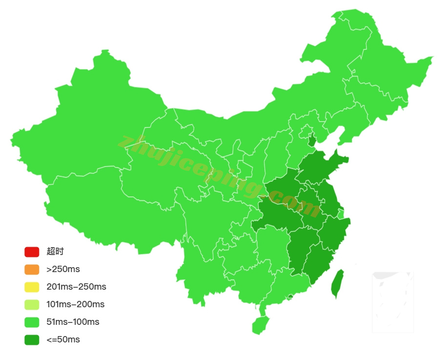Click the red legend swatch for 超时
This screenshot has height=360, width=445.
[32, 252]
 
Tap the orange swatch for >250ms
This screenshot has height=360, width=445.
[32, 270]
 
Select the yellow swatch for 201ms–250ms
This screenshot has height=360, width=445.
[32, 287]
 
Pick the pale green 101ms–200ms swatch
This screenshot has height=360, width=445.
[32, 305]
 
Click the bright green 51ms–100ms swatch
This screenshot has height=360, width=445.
[32, 322]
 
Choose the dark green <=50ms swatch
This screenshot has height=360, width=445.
[32, 340]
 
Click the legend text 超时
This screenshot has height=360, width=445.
[55, 252]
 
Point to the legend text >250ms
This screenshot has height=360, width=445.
[63, 270]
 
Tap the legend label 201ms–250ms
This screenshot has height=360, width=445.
[76, 287]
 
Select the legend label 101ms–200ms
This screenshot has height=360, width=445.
[75, 305]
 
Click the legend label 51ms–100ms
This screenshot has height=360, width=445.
[73, 322]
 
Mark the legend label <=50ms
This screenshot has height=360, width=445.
[63, 340]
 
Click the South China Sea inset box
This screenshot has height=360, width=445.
[392, 302]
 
